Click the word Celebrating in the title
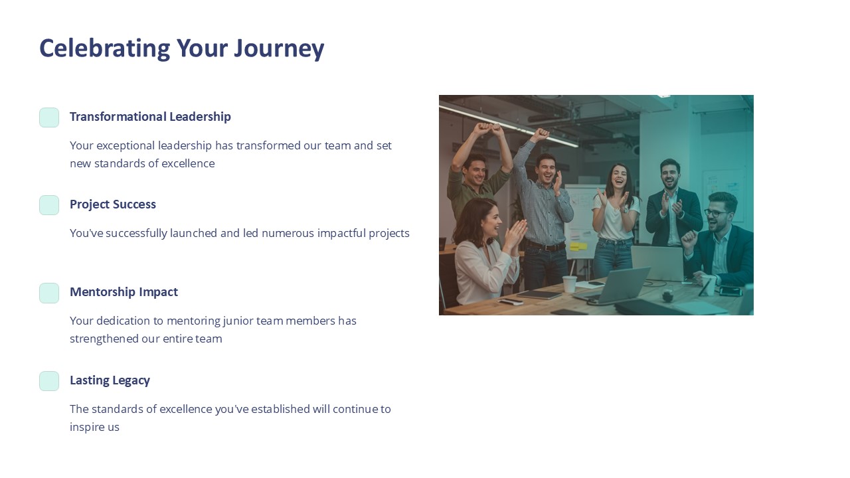pos(104,48)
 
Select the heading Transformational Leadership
pos(150,117)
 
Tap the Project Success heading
pos(113,204)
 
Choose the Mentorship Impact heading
pos(124,292)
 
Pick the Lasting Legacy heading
pos(110,380)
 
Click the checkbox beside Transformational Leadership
pos(49,118)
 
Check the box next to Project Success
pos(49,205)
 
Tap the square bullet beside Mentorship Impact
pos(49,293)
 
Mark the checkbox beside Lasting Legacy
pos(49,381)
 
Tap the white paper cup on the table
pos(569,283)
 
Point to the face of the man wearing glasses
pos(719,212)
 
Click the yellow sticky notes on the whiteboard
pos(578,246)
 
